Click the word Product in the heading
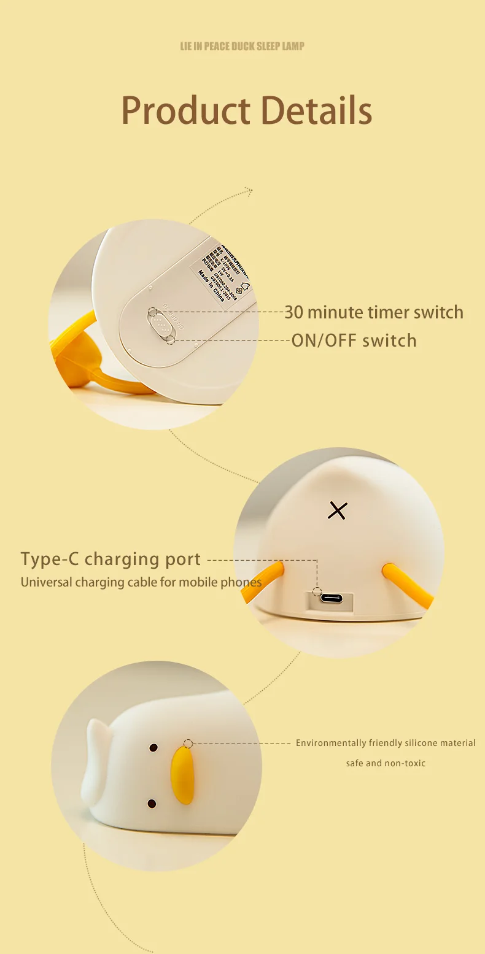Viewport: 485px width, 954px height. click(185, 110)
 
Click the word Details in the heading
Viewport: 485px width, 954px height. click(316, 110)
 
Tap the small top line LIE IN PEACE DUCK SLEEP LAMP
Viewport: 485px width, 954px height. click(242, 47)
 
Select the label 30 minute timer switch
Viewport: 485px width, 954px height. click(373, 312)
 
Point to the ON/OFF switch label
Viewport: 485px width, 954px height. click(354, 340)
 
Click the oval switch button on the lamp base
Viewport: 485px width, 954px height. click(160, 323)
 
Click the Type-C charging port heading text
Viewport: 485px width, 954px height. click(111, 559)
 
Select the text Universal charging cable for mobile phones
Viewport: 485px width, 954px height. click(141, 582)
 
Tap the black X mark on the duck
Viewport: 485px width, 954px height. click(337, 510)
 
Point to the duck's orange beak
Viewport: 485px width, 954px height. click(182, 775)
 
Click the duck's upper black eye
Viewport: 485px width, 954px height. click(153, 748)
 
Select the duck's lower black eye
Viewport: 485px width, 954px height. click(152, 804)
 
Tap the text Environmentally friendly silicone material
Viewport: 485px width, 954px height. click(386, 743)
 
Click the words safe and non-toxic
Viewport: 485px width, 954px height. click(386, 763)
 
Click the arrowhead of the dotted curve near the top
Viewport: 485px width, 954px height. click(249, 191)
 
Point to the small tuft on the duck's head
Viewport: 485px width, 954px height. click(96, 748)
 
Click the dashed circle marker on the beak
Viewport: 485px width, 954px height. click(188, 744)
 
